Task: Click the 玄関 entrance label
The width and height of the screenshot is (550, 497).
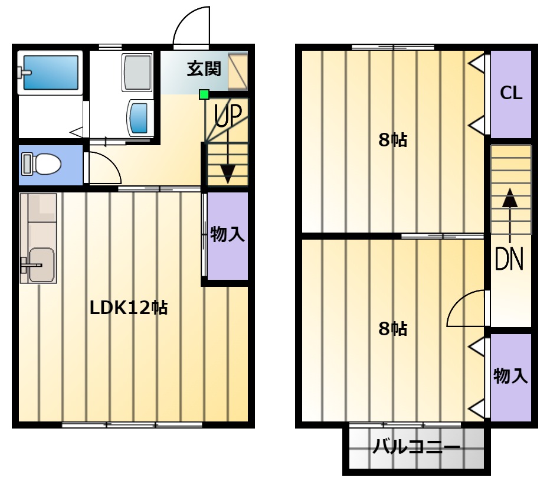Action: pyautogui.click(x=204, y=68)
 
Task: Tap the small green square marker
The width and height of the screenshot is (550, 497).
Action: pyautogui.click(x=204, y=94)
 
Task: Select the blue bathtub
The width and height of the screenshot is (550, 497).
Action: pyautogui.click(x=51, y=73)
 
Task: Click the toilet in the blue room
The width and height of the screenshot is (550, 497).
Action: pyautogui.click(x=41, y=164)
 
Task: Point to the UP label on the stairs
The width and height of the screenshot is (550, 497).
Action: pyautogui.click(x=228, y=115)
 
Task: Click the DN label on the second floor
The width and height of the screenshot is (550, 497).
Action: pyautogui.click(x=509, y=259)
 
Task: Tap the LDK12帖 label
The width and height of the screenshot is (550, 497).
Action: pyautogui.click(x=129, y=308)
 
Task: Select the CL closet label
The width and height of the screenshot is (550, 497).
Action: pyautogui.click(x=511, y=93)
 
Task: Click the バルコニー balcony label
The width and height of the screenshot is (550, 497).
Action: pyautogui.click(x=417, y=447)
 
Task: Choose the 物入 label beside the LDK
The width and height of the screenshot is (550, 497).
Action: pyautogui.click(x=227, y=234)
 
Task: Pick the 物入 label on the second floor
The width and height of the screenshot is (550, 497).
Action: pyautogui.click(x=510, y=376)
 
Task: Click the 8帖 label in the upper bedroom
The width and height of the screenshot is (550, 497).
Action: pyautogui.click(x=393, y=140)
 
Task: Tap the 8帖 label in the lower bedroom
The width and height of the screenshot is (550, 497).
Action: pyautogui.click(x=393, y=329)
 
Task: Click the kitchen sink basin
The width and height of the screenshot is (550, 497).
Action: pyautogui.click(x=41, y=265)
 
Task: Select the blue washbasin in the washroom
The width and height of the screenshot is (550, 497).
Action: pyautogui.click(x=140, y=117)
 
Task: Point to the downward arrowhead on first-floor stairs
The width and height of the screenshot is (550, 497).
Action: pyautogui.click(x=228, y=174)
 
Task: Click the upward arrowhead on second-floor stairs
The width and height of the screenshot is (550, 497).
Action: pyautogui.click(x=510, y=198)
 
